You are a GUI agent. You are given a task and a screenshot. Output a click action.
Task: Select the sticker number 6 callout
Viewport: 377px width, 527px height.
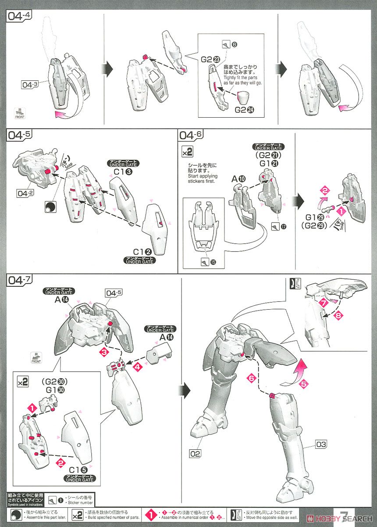[x=229, y=45]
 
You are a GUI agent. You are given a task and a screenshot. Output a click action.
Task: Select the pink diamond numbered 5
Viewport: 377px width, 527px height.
[x=304, y=384]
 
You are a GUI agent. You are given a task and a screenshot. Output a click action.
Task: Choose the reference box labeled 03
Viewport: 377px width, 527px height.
[x=321, y=445]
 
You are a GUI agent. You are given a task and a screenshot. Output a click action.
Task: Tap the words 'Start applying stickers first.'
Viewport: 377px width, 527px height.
[x=202, y=173]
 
